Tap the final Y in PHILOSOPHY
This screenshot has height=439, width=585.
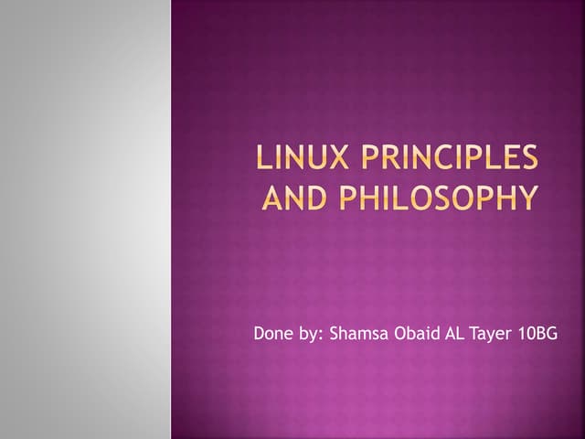pyautogui.click(x=527, y=198)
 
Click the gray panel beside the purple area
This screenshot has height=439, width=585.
pyautogui.click(x=85, y=219)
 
